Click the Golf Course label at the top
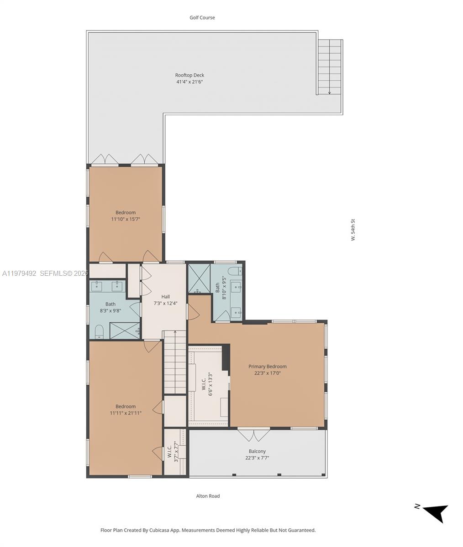point(202,18)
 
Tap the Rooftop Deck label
point(189,75)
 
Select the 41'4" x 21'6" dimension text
point(189,82)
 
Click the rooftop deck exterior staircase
point(330,67)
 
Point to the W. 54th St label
point(353,230)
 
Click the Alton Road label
point(208,496)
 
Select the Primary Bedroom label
point(267,366)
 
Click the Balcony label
point(258,451)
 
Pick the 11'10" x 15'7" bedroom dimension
point(126,219)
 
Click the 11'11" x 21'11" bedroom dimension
point(126,413)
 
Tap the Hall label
point(165,297)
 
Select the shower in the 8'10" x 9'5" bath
point(199,279)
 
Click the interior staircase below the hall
point(175,362)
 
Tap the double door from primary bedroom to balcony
point(254,434)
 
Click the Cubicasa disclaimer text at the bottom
point(208,530)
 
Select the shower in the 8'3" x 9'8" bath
point(125,330)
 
